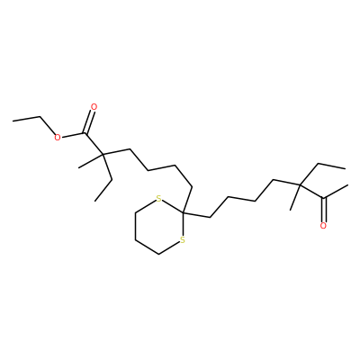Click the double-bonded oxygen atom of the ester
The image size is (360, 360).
[x=94, y=107]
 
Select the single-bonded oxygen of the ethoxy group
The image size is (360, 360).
[x=57, y=138]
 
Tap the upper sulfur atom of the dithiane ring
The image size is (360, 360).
[x=159, y=199]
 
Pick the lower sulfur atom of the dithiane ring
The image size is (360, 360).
[x=183, y=240]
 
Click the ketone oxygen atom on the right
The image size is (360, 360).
[x=323, y=226]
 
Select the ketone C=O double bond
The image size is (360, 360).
[x=323, y=210]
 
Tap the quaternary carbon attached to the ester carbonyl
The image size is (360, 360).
[x=103, y=155]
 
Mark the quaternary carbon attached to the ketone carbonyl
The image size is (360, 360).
[x=300, y=185]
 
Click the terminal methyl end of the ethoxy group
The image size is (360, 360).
[x=13, y=121]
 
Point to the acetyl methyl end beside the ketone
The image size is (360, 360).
[x=346, y=185]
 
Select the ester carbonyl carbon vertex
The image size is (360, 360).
[x=86, y=133]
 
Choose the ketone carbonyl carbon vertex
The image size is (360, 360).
[x=323, y=198]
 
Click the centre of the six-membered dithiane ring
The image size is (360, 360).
[x=159, y=227]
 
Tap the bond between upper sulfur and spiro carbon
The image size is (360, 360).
[x=173, y=206]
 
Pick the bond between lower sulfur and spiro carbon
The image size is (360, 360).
[x=183, y=224]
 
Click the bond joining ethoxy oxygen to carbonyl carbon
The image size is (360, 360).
[x=74, y=135]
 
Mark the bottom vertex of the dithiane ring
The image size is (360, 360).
[x=159, y=255]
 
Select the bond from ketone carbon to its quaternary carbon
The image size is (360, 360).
[x=311, y=192]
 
